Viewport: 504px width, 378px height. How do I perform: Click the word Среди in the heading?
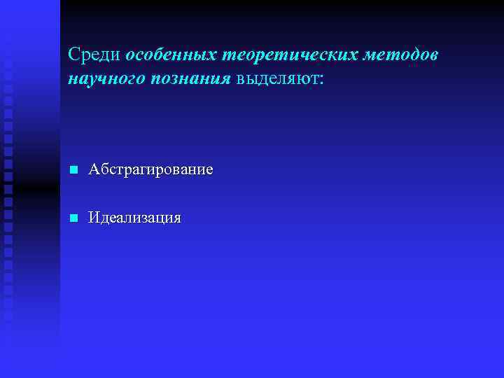[x=94, y=54]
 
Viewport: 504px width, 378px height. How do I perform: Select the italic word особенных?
[x=172, y=54]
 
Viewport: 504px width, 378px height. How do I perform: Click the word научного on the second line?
[x=105, y=78]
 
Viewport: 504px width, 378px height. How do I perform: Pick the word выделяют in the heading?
[x=277, y=78]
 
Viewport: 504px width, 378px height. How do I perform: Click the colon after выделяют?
[x=321, y=79]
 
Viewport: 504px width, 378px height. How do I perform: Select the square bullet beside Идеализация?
[x=72, y=218]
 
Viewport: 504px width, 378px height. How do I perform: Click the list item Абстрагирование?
[x=151, y=170]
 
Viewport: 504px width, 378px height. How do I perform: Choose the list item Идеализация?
[x=134, y=218]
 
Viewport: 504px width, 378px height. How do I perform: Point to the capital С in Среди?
[x=74, y=54]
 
